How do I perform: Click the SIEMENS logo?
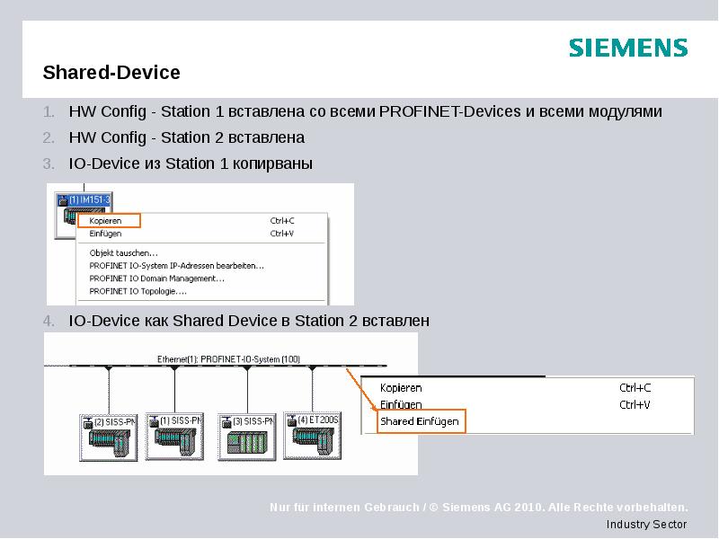[x=627, y=48]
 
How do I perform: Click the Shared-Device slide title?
[x=111, y=72]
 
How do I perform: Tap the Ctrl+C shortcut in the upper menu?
[x=282, y=220]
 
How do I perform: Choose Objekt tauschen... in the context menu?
[x=123, y=252]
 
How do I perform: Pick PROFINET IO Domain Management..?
[x=156, y=278]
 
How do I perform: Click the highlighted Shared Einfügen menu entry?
[x=420, y=420]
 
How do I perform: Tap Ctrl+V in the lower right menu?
[x=635, y=404]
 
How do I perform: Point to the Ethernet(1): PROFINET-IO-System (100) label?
[x=228, y=358]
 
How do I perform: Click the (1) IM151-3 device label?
[x=83, y=199]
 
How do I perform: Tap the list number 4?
[x=50, y=321]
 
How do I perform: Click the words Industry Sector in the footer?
[x=646, y=525]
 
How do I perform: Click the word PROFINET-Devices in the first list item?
[x=448, y=112]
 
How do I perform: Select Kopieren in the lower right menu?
[x=401, y=388]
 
